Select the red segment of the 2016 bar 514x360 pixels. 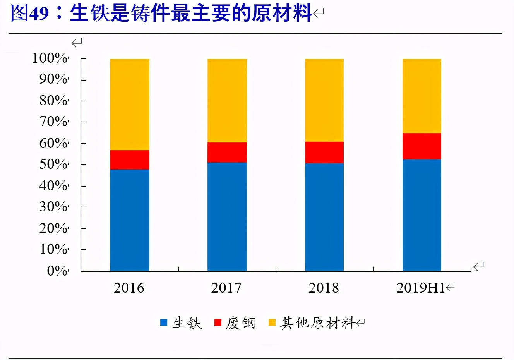(x=130, y=159)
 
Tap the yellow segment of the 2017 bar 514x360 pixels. (x=227, y=101)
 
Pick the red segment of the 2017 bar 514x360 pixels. (x=227, y=152)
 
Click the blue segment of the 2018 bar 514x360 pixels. (x=324, y=217)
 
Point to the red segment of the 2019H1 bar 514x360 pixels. (x=422, y=146)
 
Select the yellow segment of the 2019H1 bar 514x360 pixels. (x=422, y=96)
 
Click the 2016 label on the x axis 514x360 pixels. (x=129, y=288)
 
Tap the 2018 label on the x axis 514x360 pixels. (x=324, y=288)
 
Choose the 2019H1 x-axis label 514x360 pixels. (x=421, y=288)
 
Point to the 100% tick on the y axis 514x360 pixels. (x=50, y=58)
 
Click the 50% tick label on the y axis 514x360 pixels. (x=53, y=164)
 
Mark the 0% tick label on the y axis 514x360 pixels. (x=57, y=271)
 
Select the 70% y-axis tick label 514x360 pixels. (x=53, y=122)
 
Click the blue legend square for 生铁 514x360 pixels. (x=164, y=322)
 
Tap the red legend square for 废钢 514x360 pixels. (x=218, y=322)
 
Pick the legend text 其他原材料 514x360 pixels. (x=318, y=322)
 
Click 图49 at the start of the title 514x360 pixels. (x=30, y=13)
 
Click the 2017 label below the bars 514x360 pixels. (x=226, y=288)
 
